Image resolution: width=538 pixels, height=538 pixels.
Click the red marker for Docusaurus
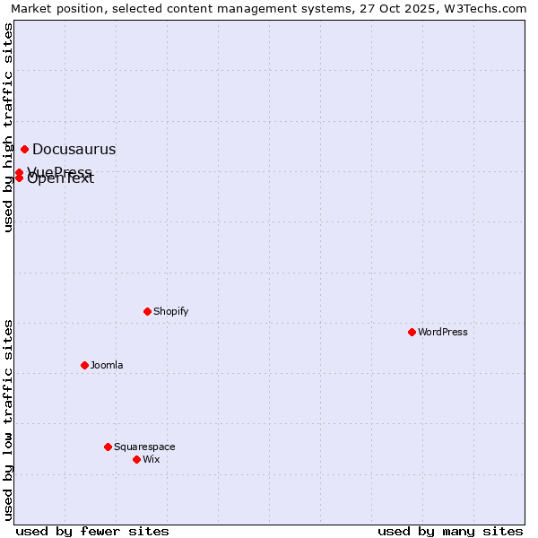coord(24,149)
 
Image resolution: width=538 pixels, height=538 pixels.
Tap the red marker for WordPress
coord(412,332)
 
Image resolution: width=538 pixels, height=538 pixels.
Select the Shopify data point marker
coord(147,311)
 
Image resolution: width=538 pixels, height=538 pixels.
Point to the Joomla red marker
coord(84,365)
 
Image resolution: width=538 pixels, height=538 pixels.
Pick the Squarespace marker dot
coord(108,447)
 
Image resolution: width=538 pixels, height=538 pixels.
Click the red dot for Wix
coord(136,459)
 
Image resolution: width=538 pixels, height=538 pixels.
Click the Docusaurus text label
coord(74,150)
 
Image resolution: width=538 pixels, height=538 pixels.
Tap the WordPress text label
coord(443,332)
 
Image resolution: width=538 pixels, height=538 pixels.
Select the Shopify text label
coord(170,311)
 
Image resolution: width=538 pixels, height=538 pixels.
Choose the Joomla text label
coord(107,365)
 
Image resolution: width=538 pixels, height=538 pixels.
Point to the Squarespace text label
coord(144,447)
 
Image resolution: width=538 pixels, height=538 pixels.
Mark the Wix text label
coord(151,459)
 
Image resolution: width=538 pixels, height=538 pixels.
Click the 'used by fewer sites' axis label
coord(92,531)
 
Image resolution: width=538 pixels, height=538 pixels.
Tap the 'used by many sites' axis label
coord(450,531)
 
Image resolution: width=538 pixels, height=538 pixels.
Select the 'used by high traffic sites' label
coord(8,128)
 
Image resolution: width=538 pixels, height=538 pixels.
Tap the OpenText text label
coord(61,179)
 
